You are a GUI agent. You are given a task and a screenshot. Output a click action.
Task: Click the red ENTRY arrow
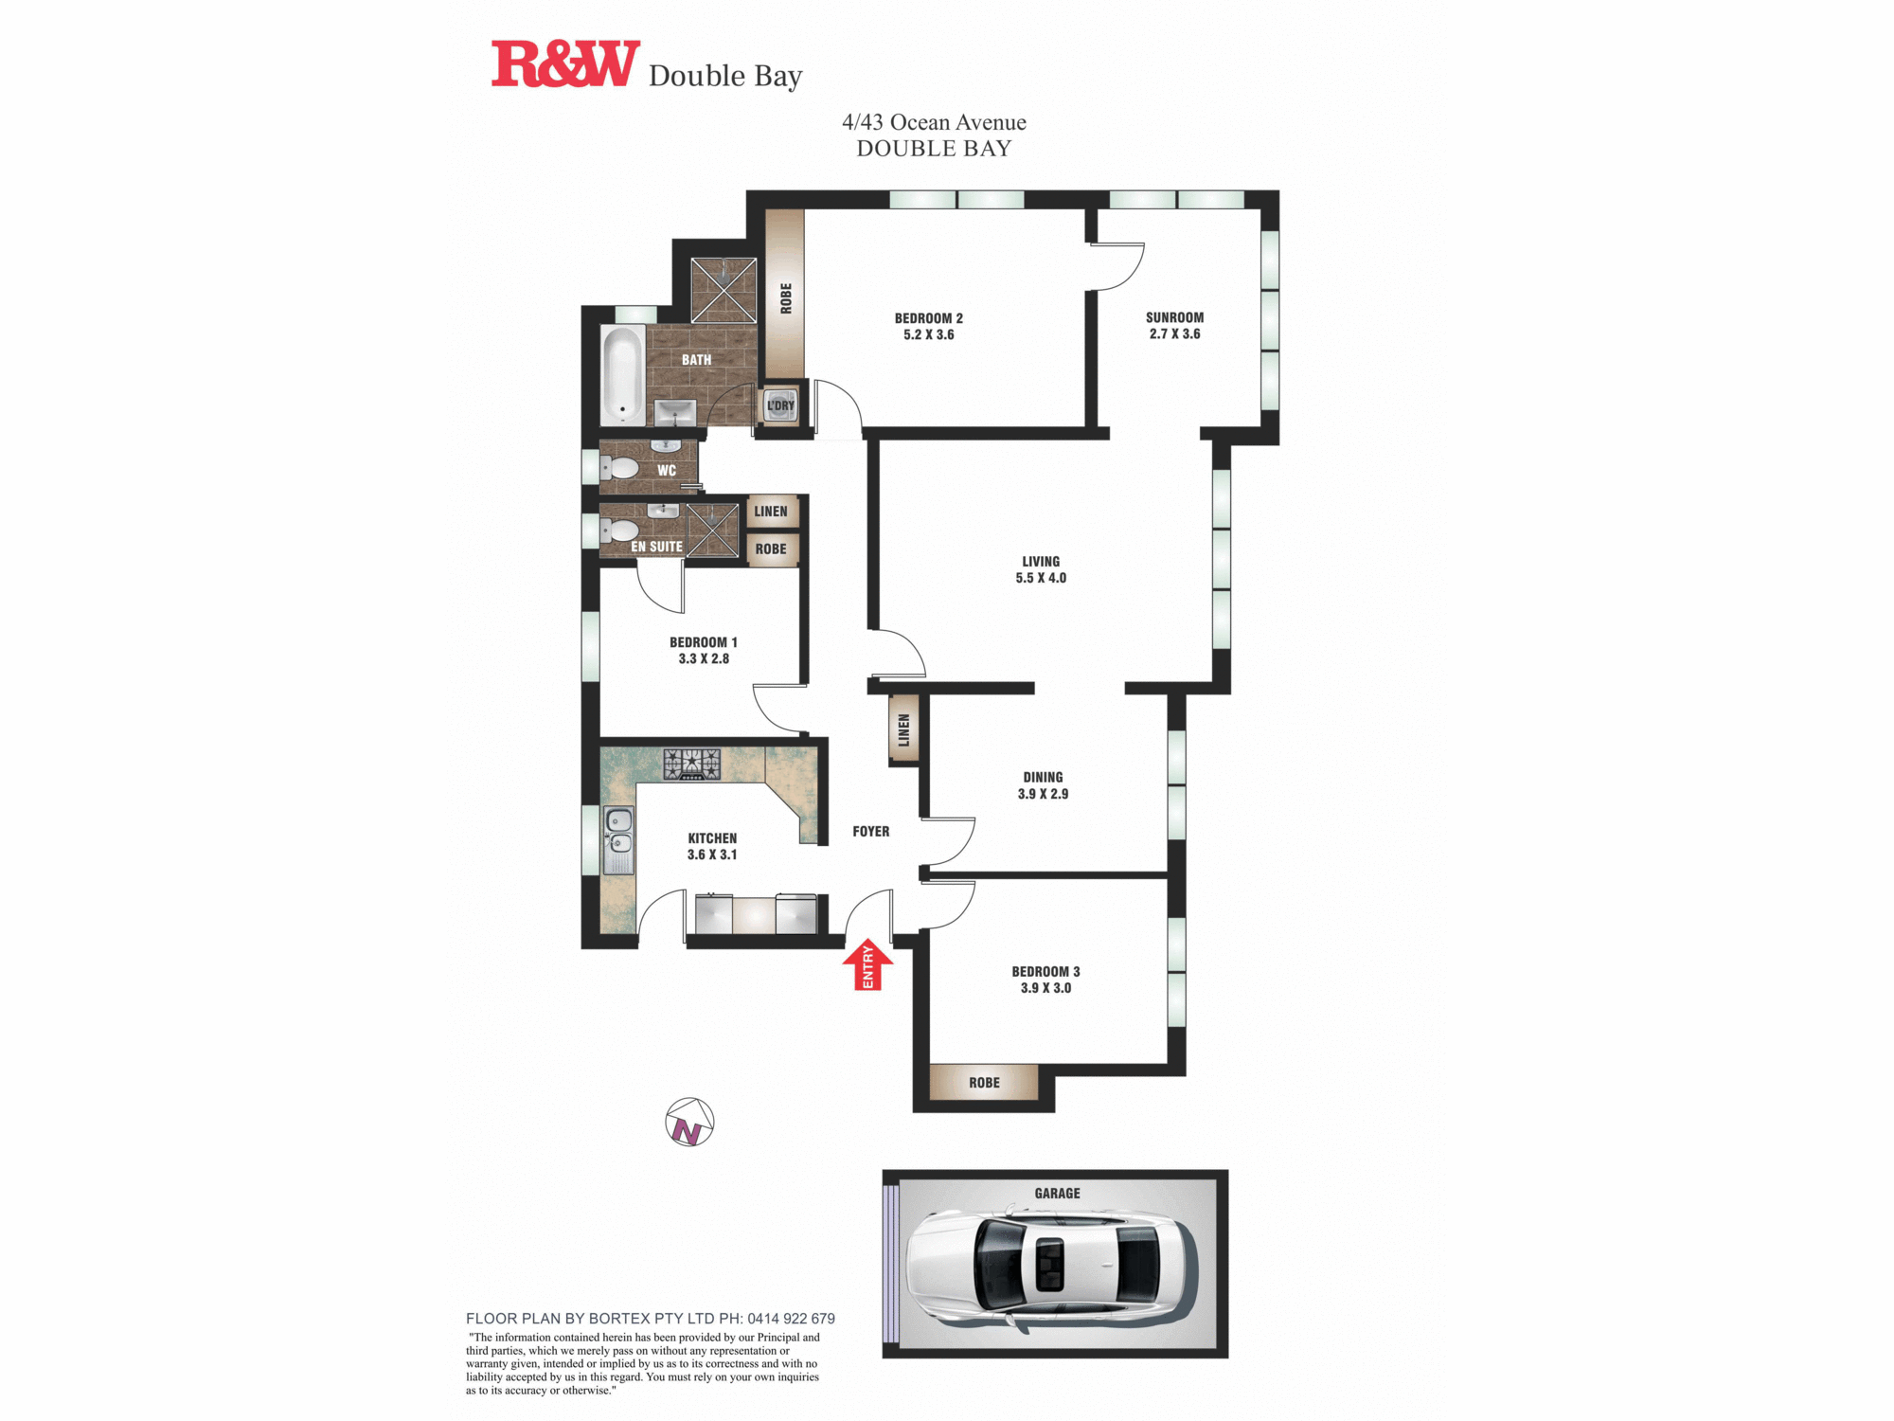[x=867, y=965]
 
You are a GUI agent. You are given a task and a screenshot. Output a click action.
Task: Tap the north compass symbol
[x=689, y=1123]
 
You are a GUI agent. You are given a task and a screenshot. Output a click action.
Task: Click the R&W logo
[x=565, y=64]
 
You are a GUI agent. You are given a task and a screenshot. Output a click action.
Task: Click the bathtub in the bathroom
[x=622, y=374]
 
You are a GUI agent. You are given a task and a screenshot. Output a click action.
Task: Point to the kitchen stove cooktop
[x=691, y=764]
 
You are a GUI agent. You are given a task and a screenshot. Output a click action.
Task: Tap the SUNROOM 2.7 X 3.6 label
[x=1174, y=325]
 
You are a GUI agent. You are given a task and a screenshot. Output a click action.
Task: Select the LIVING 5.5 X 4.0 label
[x=1041, y=569]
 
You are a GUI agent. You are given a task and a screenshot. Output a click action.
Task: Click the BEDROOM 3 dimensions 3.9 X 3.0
[x=1045, y=988]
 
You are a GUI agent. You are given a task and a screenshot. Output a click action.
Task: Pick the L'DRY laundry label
[x=780, y=405]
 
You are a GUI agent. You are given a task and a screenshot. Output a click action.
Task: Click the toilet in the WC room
[x=620, y=468]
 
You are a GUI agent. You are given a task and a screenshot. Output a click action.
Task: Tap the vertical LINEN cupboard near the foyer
[x=903, y=729]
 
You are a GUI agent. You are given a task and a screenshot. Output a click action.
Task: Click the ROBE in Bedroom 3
[x=984, y=1082]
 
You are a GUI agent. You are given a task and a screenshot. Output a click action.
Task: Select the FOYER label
[x=870, y=832]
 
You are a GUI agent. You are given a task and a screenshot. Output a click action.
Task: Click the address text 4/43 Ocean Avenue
[x=934, y=122]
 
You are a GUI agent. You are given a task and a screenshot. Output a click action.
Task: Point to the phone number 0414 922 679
[x=791, y=1319]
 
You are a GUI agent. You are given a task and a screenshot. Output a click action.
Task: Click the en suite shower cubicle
[x=712, y=530]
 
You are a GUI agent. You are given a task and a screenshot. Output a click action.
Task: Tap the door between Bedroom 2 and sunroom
[x=1117, y=265]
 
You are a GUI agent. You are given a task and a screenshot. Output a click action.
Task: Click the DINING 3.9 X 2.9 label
[x=1043, y=785]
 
